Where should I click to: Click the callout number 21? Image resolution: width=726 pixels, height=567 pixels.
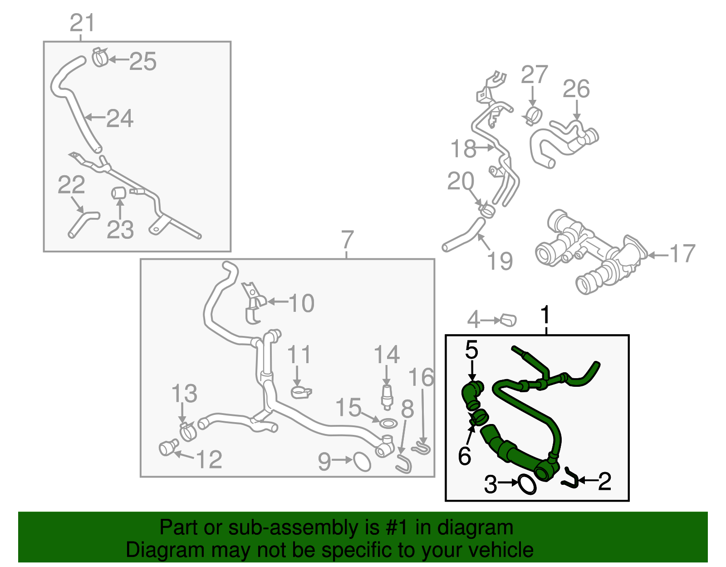tap(82, 23)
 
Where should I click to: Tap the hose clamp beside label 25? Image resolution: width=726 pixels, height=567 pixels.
tap(100, 57)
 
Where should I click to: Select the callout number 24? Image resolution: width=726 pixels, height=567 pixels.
tap(120, 118)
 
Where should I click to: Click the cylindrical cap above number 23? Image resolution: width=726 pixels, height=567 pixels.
tap(118, 193)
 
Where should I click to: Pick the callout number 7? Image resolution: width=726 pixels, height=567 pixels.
tap(347, 239)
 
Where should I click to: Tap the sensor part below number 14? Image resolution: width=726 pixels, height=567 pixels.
tap(387, 396)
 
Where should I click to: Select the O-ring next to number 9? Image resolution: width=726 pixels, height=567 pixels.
tap(362, 462)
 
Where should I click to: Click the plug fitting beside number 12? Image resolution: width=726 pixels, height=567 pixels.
tap(168, 447)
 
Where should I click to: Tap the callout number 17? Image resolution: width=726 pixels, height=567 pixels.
tap(682, 254)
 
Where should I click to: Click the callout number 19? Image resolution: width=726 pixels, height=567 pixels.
tap(500, 261)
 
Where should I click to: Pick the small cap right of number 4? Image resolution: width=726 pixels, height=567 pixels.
tap(508, 320)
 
